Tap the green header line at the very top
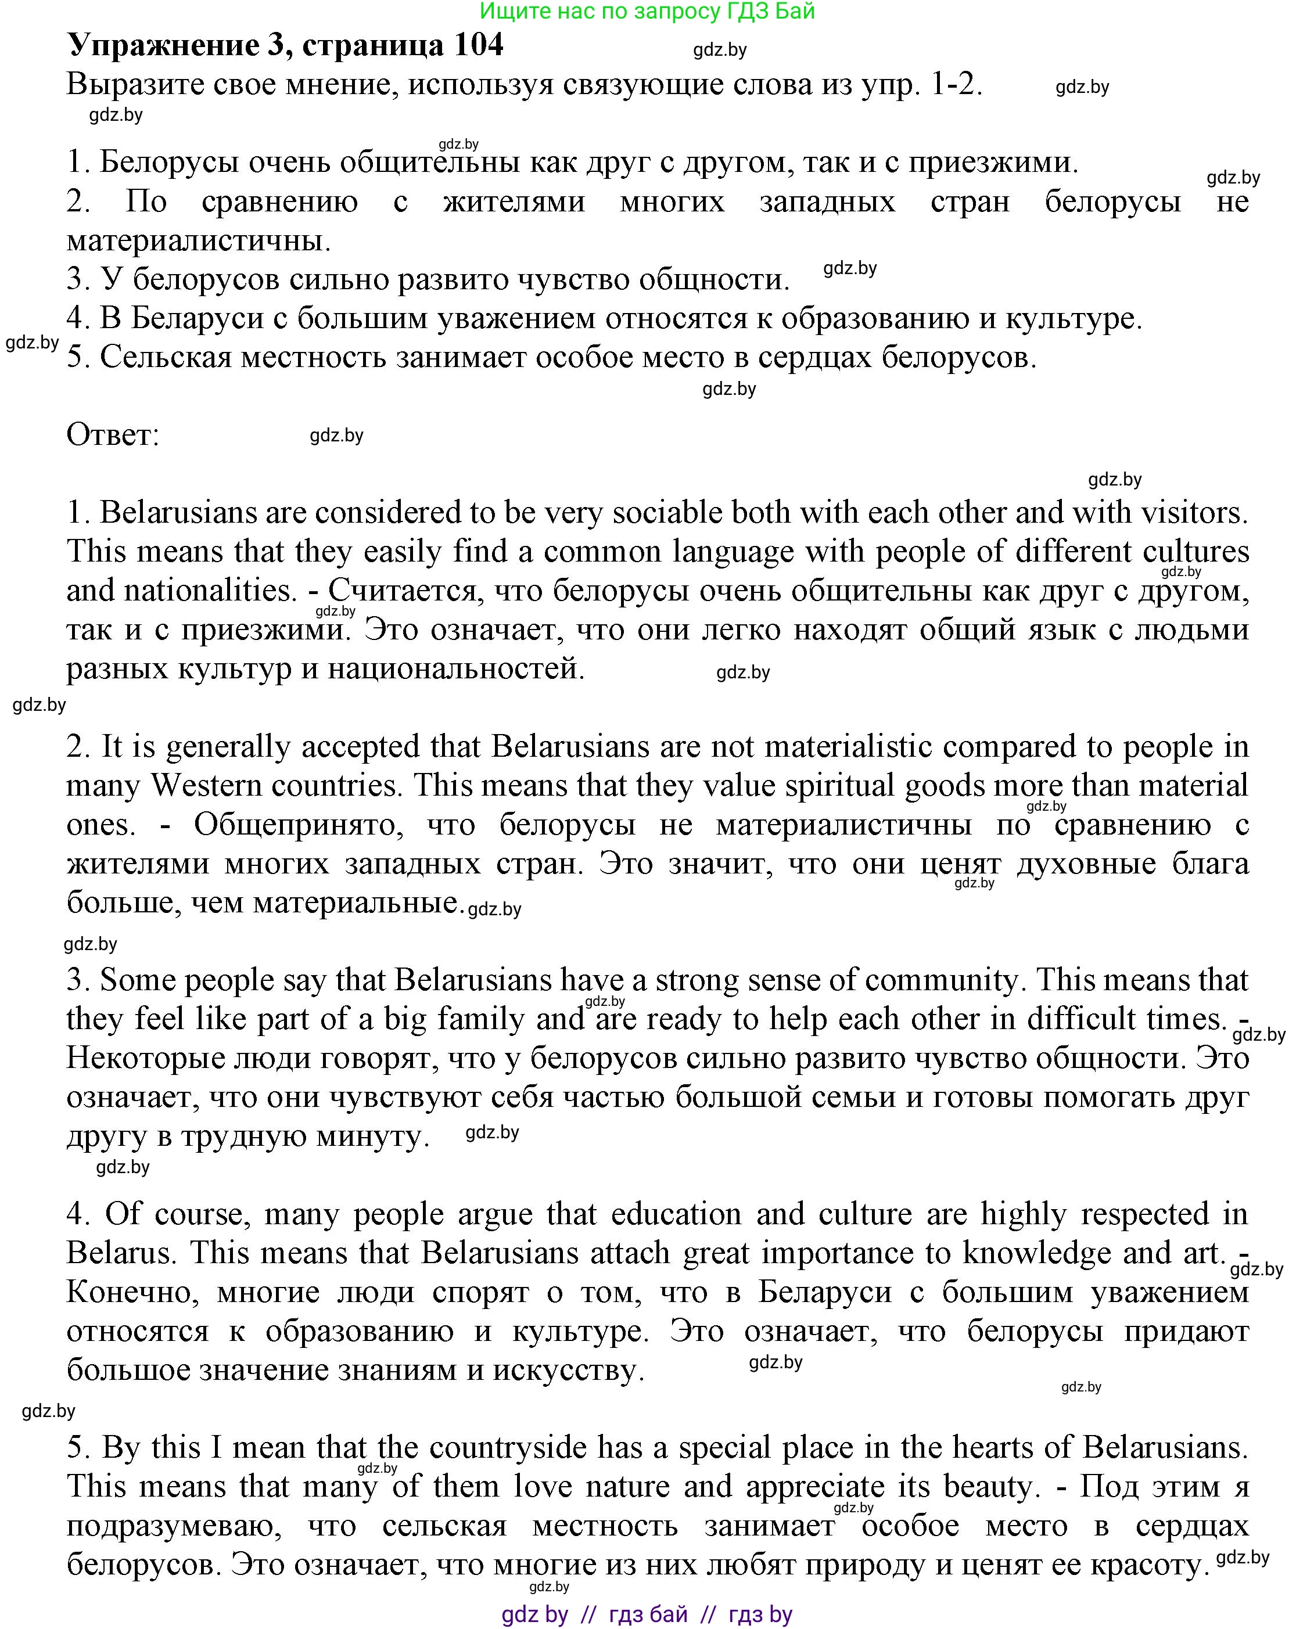tap(648, 12)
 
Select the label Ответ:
tap(113, 435)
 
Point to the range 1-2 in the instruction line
tap(957, 85)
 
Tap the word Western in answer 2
tap(204, 786)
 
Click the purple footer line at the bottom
tap(648, 1614)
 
